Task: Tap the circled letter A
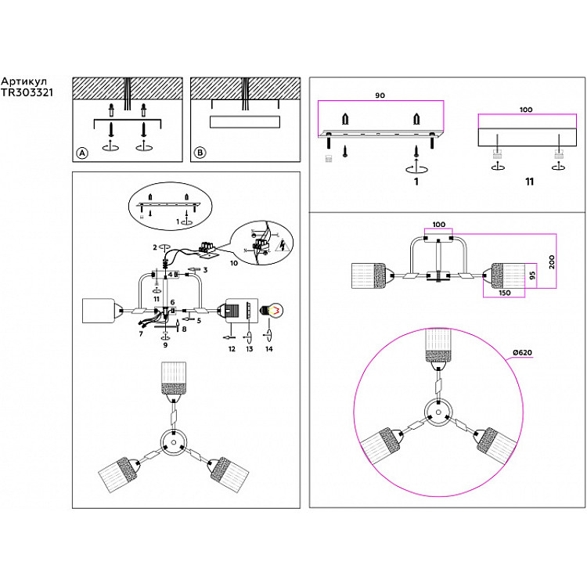[x=82, y=153]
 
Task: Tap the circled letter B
[x=200, y=153]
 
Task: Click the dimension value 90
[x=380, y=95]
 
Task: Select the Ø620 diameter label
[x=522, y=352]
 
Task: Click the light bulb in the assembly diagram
[x=275, y=311]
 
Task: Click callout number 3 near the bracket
[x=206, y=270]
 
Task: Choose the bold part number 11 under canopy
[x=530, y=182]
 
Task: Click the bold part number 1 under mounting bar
[x=416, y=182]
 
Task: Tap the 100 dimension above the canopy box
[x=526, y=110]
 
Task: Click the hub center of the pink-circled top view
[x=438, y=409]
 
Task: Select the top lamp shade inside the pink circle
[x=438, y=345]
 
